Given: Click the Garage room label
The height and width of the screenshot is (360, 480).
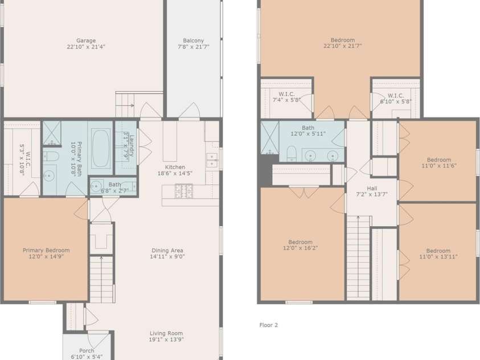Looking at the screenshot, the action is [x=86, y=40].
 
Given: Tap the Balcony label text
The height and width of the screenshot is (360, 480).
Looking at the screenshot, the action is [x=194, y=40].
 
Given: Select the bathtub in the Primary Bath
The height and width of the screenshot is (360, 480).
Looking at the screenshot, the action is [x=100, y=149].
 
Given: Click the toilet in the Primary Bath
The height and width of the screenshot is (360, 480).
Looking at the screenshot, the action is [x=51, y=157].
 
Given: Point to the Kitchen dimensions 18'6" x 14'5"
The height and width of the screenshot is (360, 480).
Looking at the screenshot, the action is [x=175, y=173].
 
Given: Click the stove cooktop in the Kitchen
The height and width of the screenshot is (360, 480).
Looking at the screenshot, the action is [x=184, y=191].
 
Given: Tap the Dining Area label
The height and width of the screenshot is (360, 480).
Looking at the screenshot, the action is [x=167, y=251].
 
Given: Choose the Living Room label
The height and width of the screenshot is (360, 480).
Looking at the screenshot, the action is [x=166, y=333].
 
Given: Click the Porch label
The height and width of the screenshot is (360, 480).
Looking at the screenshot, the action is [x=87, y=350].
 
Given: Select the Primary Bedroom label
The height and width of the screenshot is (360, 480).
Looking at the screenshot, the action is [x=46, y=250].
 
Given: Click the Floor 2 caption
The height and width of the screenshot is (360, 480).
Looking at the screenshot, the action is [x=268, y=325].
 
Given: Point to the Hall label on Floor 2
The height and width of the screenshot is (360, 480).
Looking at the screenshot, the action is [x=372, y=189].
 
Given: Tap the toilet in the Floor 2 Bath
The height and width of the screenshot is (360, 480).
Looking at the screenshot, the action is [x=292, y=154].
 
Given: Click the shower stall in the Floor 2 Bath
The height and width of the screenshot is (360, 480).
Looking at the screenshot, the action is [x=270, y=137].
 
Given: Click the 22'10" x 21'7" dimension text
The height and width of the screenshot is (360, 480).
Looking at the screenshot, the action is [x=343, y=46].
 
